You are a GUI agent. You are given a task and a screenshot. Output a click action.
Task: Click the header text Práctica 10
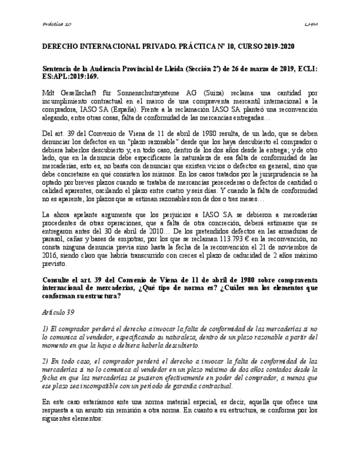57,24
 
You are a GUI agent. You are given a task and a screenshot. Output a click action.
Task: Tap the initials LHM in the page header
311,24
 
